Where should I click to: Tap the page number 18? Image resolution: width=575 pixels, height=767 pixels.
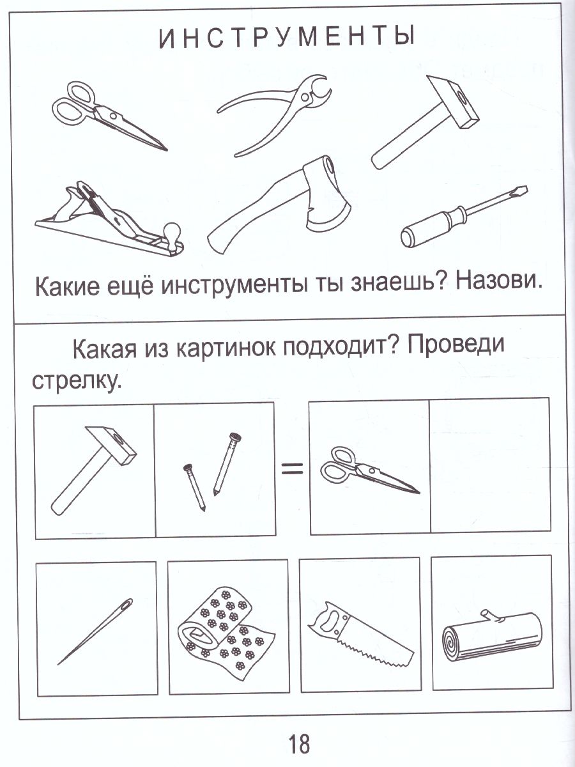pos(298,744)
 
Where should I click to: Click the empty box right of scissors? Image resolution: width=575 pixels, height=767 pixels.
pos(490,467)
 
